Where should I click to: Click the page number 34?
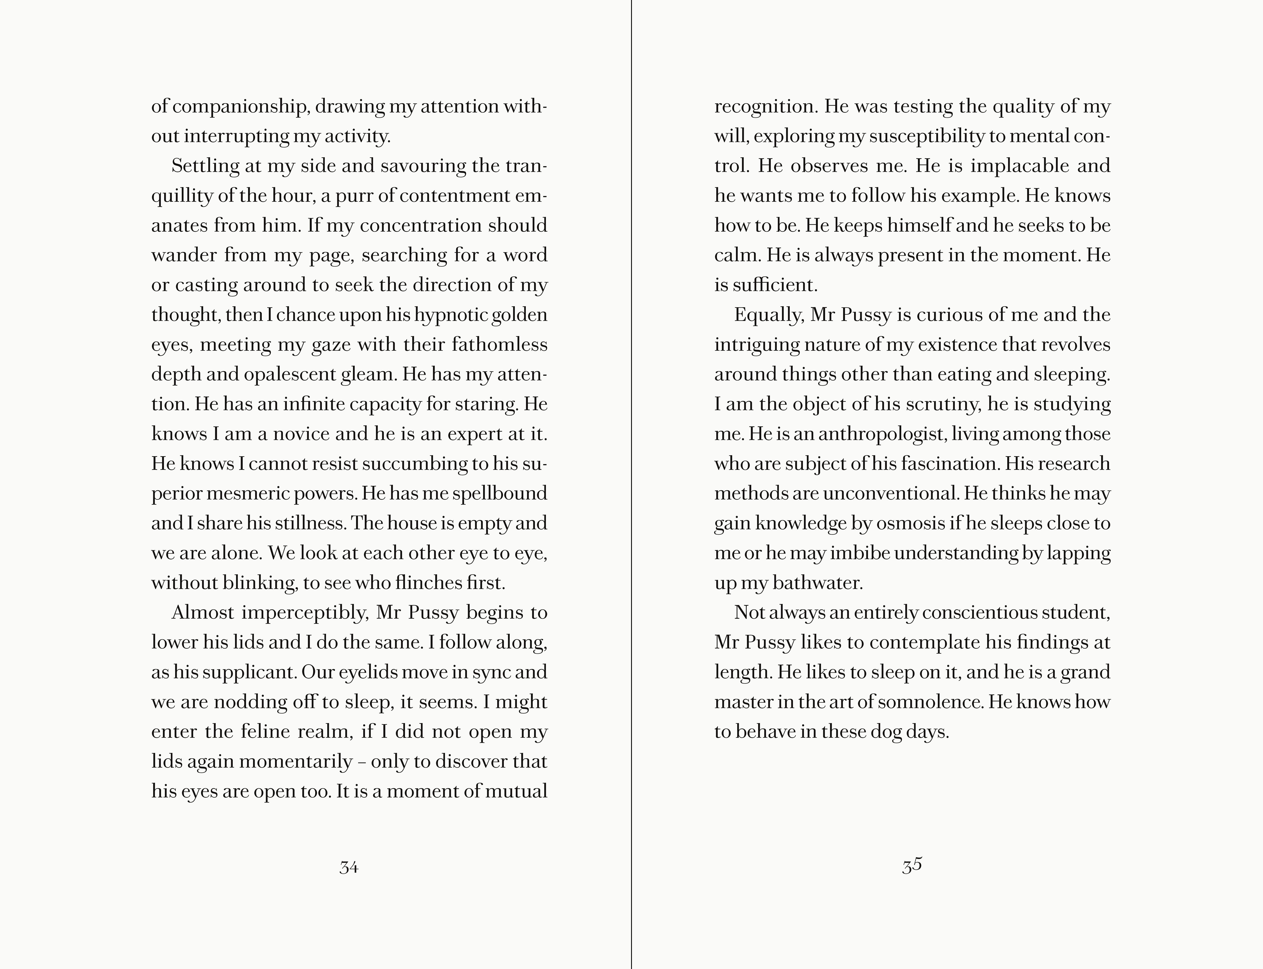coord(348,867)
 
